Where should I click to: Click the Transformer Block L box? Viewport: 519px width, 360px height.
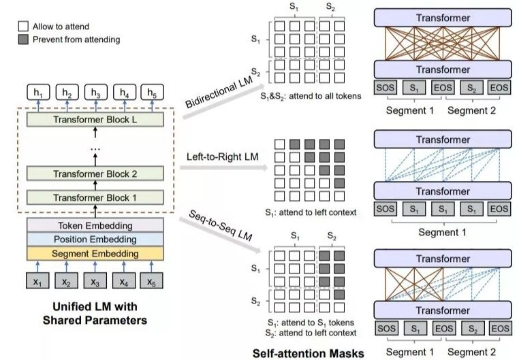pos(96,119)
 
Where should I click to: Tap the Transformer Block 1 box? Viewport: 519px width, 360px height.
pos(96,199)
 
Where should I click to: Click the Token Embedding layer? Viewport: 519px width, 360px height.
pos(96,226)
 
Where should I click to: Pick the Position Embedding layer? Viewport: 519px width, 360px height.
pos(96,240)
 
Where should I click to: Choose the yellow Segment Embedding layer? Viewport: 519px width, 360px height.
pos(96,254)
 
